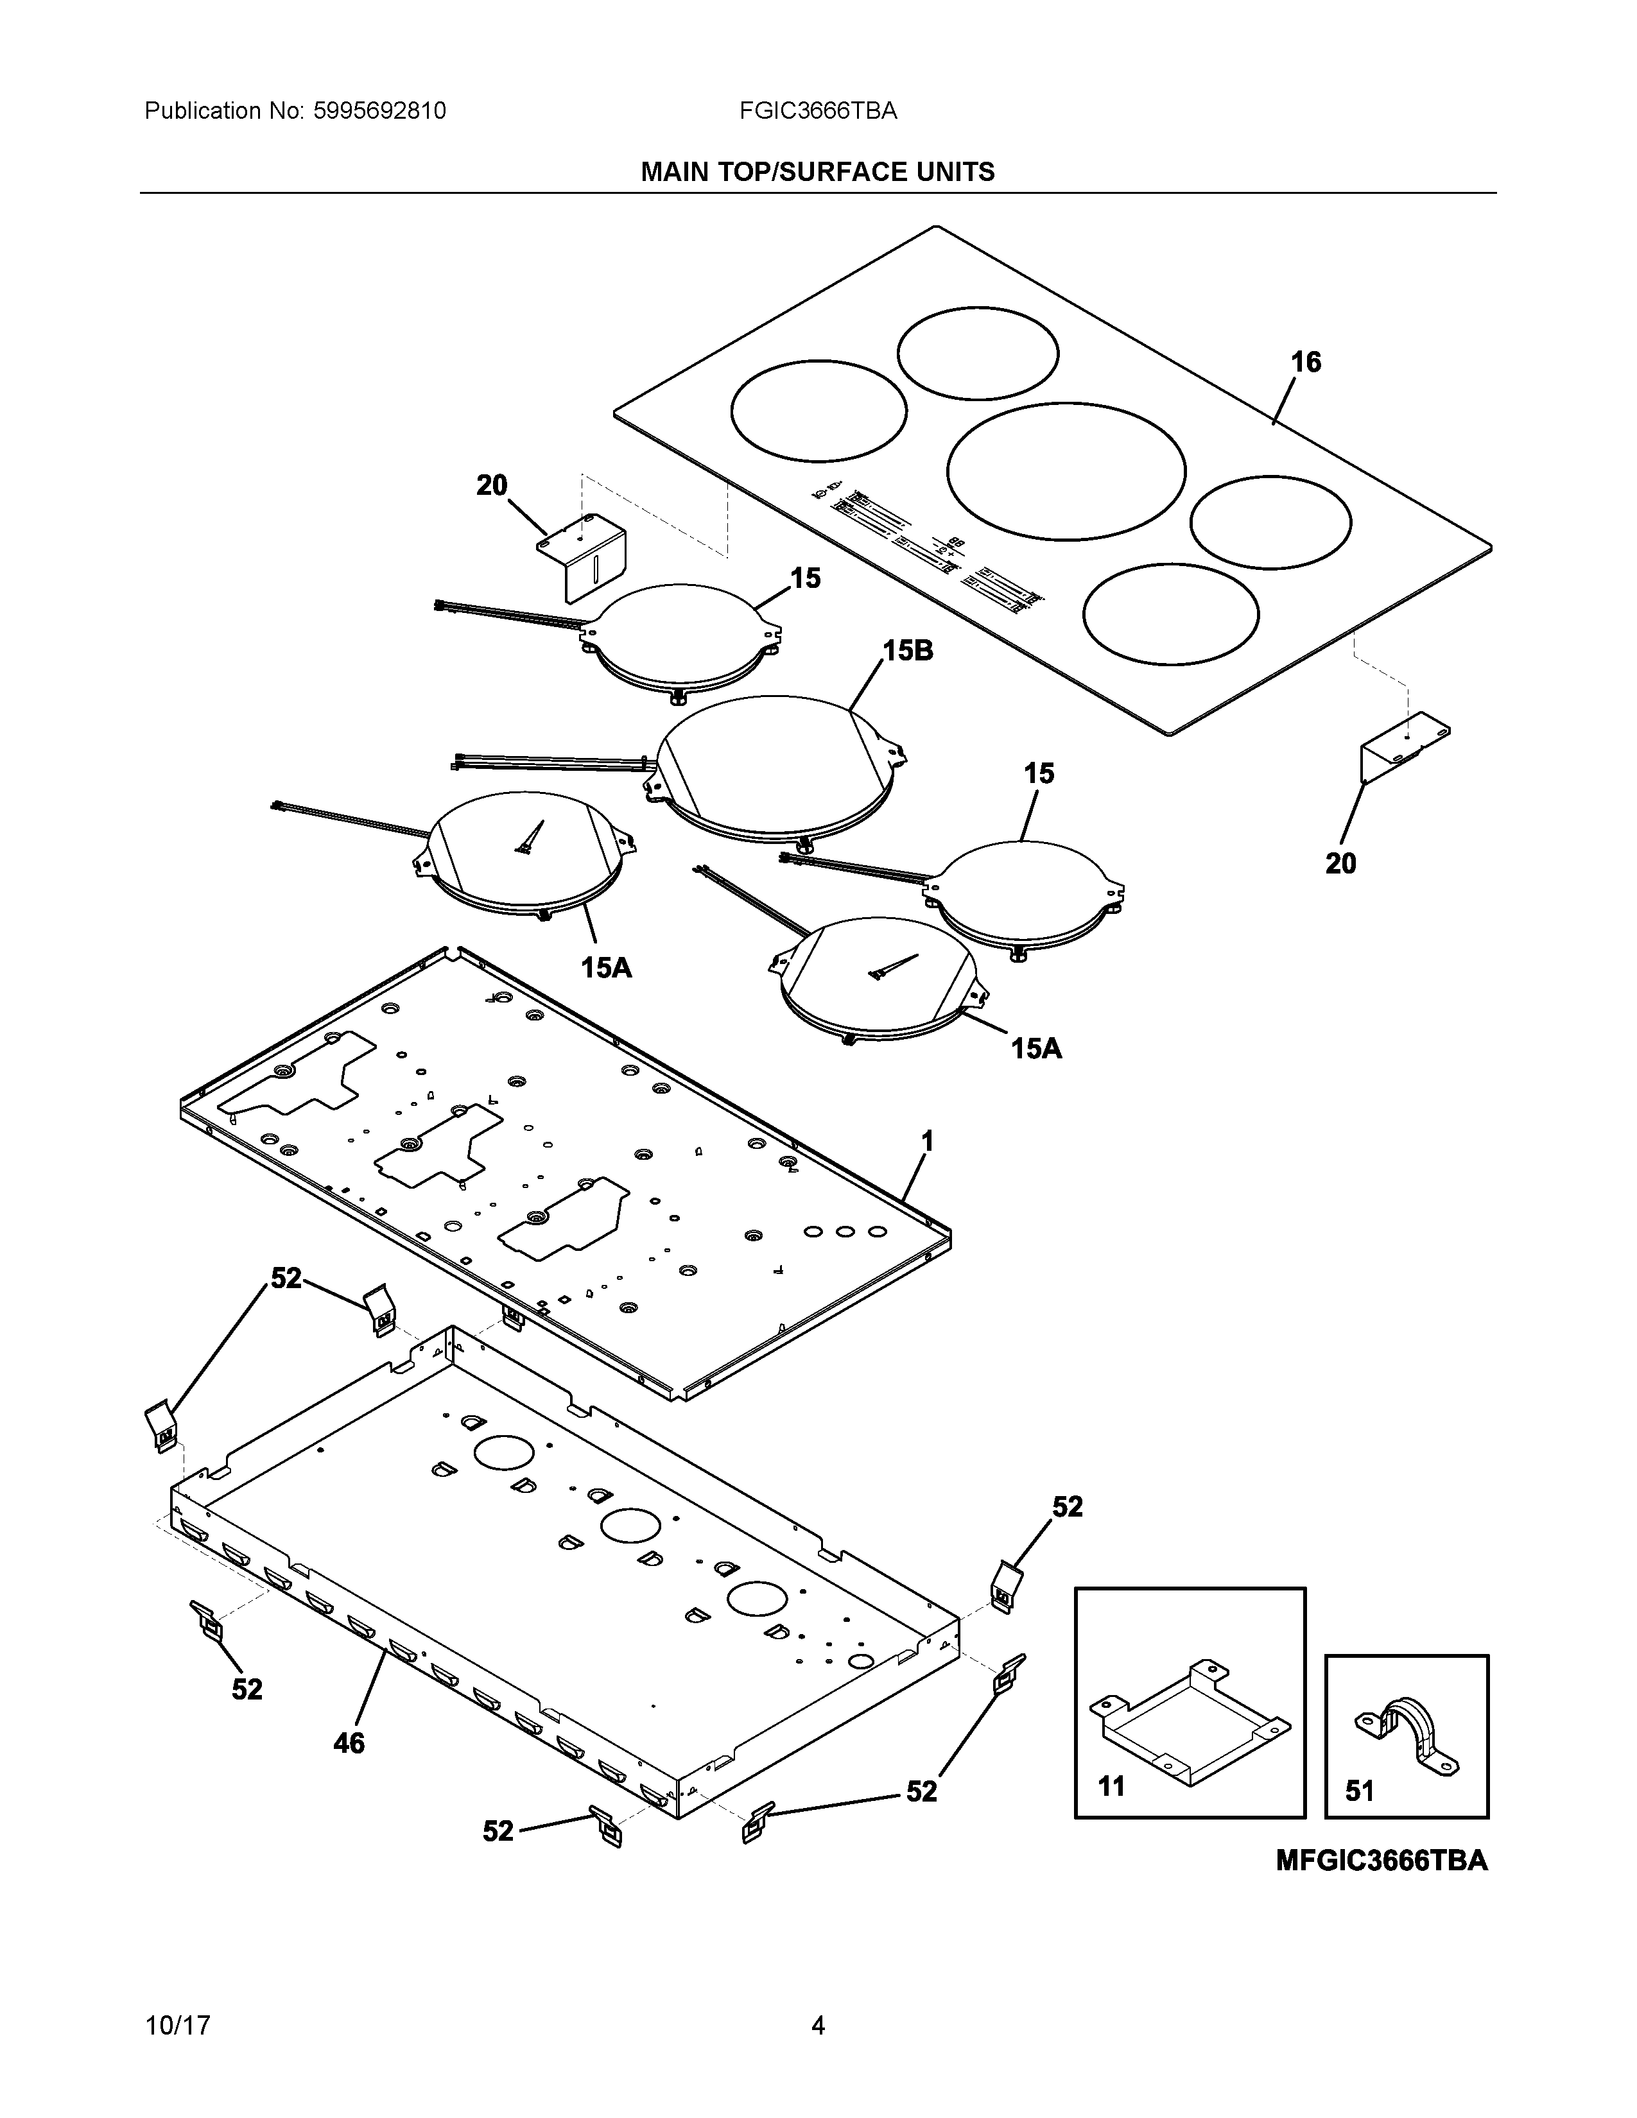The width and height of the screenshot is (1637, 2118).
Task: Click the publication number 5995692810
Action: [x=380, y=112]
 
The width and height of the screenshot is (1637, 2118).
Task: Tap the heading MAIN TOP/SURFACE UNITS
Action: [x=817, y=173]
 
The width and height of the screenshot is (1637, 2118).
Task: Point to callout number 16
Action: [x=1305, y=363]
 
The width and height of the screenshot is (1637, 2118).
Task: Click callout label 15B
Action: [x=908, y=651]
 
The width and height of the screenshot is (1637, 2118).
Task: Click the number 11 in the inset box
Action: [x=1111, y=1786]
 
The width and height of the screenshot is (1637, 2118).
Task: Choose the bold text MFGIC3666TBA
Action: [x=1381, y=1861]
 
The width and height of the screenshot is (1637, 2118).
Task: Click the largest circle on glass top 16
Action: [x=1066, y=471]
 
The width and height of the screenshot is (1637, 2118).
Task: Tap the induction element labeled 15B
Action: [x=776, y=766]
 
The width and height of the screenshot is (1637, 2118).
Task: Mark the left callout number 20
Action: [x=492, y=485]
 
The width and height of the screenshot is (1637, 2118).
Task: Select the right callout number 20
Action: [x=1340, y=863]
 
